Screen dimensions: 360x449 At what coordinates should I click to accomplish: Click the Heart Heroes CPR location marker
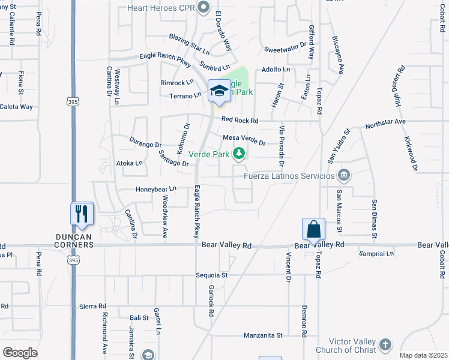[x=203, y=7]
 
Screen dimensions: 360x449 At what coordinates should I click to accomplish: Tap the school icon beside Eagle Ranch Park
[x=218, y=91]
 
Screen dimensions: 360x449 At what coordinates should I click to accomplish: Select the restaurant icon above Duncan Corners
[x=82, y=214]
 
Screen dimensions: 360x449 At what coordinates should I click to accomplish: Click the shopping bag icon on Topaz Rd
[x=313, y=229]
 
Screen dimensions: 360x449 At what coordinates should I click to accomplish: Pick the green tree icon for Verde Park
[x=239, y=154]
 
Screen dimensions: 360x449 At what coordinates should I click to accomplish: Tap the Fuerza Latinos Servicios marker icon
[x=343, y=176]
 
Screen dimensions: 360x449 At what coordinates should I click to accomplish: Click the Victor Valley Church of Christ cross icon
[x=385, y=344]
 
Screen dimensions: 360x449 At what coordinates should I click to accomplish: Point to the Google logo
[x=20, y=352]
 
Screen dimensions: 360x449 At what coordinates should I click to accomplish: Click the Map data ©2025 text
[x=423, y=355]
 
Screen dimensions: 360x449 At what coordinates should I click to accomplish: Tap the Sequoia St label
[x=212, y=275]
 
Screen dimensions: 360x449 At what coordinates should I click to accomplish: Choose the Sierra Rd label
[x=92, y=306]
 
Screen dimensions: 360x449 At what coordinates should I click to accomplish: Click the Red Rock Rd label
[x=240, y=121]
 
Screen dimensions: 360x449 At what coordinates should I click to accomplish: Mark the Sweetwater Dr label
[x=285, y=47]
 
